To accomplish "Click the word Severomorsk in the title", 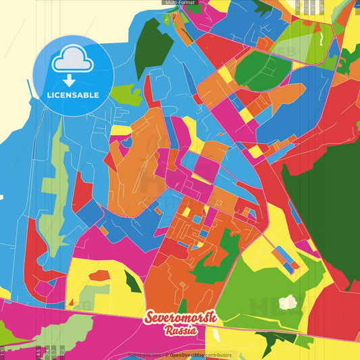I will [x=180, y=317].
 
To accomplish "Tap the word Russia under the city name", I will [x=180, y=330].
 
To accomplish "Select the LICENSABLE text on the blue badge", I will [x=72, y=95].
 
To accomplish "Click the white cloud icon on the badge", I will [x=72, y=59].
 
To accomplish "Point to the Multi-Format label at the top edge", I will [x=179, y=3].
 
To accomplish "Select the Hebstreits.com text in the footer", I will [x=143, y=355].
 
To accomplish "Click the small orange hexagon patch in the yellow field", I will [x=99, y=275].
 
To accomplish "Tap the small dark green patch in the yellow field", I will [x=133, y=282].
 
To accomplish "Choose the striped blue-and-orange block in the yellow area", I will [x=288, y=261].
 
